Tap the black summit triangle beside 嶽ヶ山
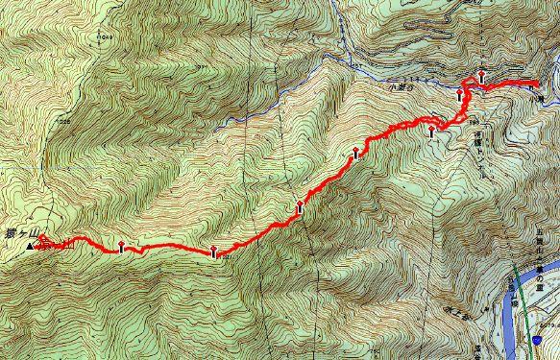coord(30,247)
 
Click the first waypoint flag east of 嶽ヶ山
coord(121,246)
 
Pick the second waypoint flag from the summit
coord(212,252)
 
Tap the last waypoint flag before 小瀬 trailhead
coord(480,76)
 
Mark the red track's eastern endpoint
coord(533,88)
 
